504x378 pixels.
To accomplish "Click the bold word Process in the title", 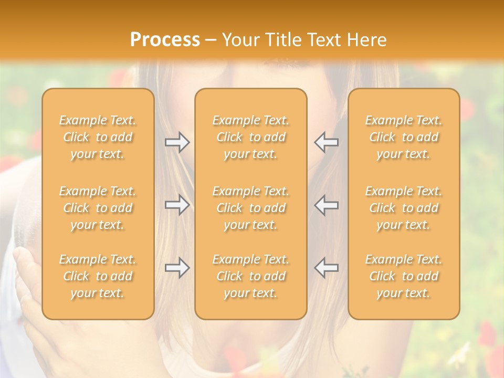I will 165,40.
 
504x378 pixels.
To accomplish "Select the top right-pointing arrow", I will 177,142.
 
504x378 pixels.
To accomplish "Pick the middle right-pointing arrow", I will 177,205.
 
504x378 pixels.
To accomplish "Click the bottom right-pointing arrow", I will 177,267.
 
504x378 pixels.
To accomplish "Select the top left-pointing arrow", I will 326,142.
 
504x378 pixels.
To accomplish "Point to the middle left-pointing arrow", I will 326,205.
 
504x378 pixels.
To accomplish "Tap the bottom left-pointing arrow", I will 326,267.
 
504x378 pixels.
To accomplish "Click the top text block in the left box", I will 98,137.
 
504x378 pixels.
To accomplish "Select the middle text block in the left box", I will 98,208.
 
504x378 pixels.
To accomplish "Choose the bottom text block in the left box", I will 98,276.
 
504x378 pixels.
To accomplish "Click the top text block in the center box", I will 250,137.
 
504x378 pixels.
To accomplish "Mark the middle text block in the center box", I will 250,208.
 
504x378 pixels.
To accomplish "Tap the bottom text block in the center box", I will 250,276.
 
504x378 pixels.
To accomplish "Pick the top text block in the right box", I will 403,137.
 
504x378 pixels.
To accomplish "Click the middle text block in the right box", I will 403,208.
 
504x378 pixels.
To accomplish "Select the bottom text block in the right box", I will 403,276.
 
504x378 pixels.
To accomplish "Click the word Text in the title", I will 325,40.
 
